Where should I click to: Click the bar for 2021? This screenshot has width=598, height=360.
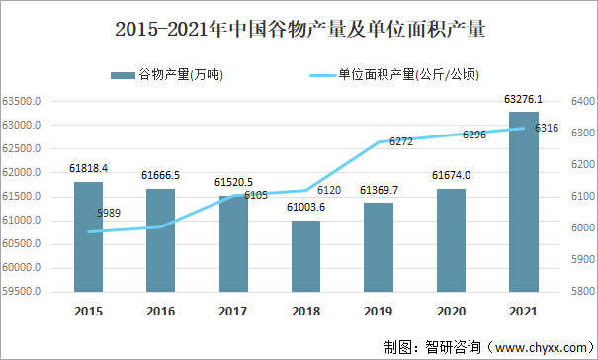tap(524, 202)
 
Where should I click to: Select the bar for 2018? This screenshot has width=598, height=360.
tap(305, 256)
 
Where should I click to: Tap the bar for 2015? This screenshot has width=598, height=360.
tap(89, 237)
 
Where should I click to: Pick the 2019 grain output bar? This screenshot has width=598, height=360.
tap(379, 247)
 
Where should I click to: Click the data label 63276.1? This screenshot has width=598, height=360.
tap(523, 99)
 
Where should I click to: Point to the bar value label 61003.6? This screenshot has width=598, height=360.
tap(305, 207)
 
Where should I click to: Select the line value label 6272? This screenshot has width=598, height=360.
tap(401, 141)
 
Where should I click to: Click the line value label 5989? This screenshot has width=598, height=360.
tap(109, 213)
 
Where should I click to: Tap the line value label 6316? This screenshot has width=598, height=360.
tap(547, 128)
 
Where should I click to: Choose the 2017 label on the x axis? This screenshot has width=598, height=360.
tap(233, 312)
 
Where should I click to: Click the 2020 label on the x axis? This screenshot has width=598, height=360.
tap(451, 312)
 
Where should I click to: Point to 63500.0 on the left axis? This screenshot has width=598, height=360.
tap(22, 102)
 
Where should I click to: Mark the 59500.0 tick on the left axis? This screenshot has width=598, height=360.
tap(22, 292)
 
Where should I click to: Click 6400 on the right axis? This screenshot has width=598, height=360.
tap(583, 101)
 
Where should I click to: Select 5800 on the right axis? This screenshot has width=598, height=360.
tap(583, 291)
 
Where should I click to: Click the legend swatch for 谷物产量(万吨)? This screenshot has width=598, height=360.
tap(123, 75)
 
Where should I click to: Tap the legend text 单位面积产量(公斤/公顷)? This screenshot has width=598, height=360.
tap(409, 74)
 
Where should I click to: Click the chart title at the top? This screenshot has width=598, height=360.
tap(300, 29)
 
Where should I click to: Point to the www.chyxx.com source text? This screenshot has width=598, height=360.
tap(542, 348)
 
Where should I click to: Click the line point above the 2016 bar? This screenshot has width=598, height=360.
tap(160, 226)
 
